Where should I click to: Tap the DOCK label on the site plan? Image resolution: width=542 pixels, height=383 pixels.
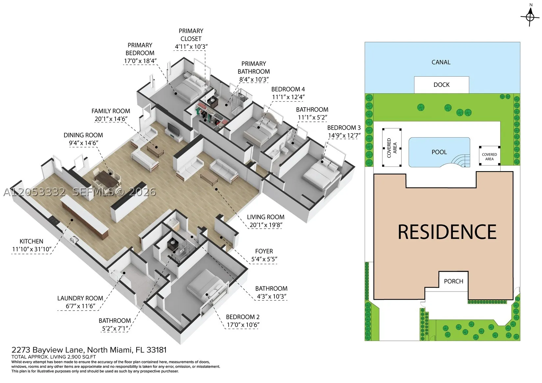click(x=441, y=85)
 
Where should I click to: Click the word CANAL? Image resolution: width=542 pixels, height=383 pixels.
click(x=441, y=62)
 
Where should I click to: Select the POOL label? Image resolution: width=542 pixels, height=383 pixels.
click(x=439, y=152)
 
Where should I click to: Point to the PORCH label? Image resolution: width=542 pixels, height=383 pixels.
click(x=453, y=281)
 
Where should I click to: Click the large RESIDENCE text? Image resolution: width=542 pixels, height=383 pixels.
click(x=447, y=232)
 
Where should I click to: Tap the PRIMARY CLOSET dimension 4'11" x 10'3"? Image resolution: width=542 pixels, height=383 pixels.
click(x=191, y=46)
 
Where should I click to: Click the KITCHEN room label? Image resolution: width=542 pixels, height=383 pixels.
click(x=31, y=241)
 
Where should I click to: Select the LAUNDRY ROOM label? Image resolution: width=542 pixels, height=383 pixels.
click(x=80, y=298)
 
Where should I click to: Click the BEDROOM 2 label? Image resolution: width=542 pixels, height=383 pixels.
click(x=243, y=317)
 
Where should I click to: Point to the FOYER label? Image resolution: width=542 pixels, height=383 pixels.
click(x=264, y=251)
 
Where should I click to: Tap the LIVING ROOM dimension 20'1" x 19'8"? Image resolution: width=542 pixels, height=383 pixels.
click(x=266, y=225)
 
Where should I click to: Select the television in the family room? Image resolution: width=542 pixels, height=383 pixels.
click(x=173, y=129)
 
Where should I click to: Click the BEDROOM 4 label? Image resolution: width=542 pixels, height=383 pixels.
click(x=288, y=89)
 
